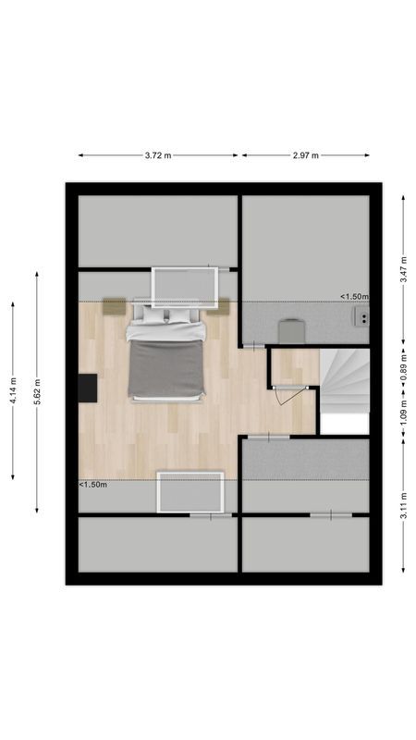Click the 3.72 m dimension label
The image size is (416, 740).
pos(158,155)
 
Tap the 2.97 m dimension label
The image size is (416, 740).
pos(305,155)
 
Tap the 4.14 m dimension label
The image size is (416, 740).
pos(13,389)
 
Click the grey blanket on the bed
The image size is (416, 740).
pos(166,368)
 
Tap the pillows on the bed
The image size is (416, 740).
pos(166,317)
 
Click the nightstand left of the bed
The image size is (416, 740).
pos(114,306)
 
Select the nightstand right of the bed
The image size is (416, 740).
pos(219,306)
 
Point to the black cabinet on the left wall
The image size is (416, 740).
pos(88,387)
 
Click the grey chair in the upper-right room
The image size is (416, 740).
pos(291,329)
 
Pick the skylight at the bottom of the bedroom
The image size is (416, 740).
pos(190,490)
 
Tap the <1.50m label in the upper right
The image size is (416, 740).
pos(353,297)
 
